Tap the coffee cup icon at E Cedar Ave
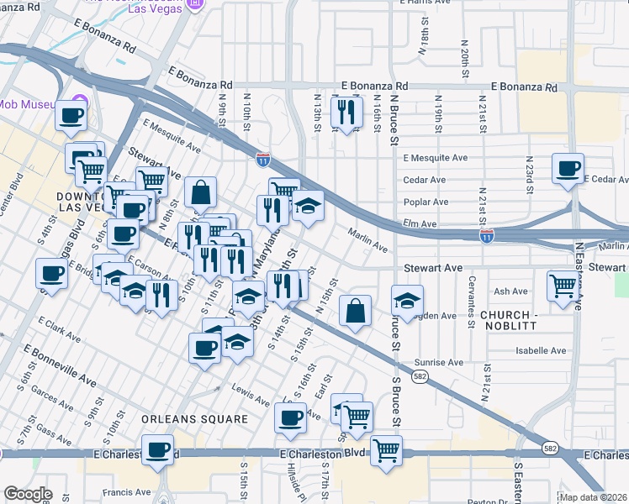(x=568, y=167)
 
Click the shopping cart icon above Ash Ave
(x=562, y=284)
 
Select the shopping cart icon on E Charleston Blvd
(x=386, y=449)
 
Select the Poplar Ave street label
(x=425, y=202)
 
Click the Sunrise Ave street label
(x=438, y=362)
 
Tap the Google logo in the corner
(x=28, y=494)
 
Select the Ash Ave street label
(x=510, y=291)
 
